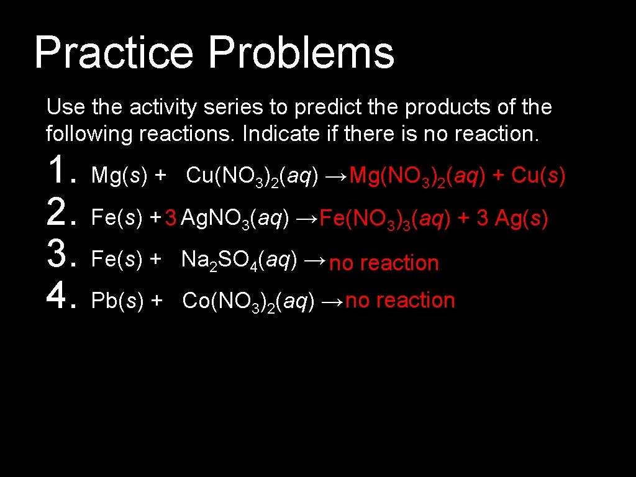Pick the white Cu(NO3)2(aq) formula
(x=252, y=176)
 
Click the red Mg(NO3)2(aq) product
(x=417, y=177)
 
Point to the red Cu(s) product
(x=538, y=176)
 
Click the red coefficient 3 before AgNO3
(x=171, y=218)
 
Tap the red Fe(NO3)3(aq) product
(x=385, y=219)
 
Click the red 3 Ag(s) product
(x=512, y=219)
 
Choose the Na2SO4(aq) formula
(x=238, y=261)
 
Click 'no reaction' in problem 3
(x=384, y=263)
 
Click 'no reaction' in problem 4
(x=400, y=301)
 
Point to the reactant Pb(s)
(x=117, y=301)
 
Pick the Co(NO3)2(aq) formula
(x=248, y=302)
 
